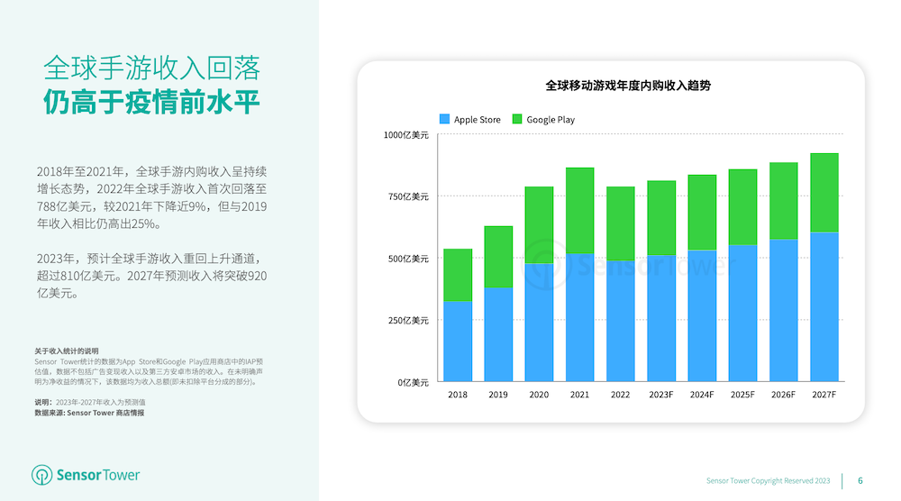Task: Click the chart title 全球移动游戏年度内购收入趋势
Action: point(611,86)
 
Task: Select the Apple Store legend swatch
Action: point(444,119)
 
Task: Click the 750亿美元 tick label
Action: point(409,196)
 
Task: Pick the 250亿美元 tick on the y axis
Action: point(409,320)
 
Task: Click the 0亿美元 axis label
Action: point(414,382)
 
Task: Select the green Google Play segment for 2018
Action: point(458,275)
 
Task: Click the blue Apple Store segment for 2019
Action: point(498,334)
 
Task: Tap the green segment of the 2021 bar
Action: point(579,210)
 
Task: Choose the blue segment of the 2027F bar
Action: point(824,306)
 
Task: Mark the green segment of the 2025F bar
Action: point(742,206)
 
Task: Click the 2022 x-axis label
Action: point(620,395)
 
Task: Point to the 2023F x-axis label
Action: point(660,395)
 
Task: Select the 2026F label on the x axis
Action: point(783,395)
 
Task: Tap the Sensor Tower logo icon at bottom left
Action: point(42,475)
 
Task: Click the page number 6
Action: point(860,480)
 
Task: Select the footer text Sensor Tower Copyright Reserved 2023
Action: point(768,480)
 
